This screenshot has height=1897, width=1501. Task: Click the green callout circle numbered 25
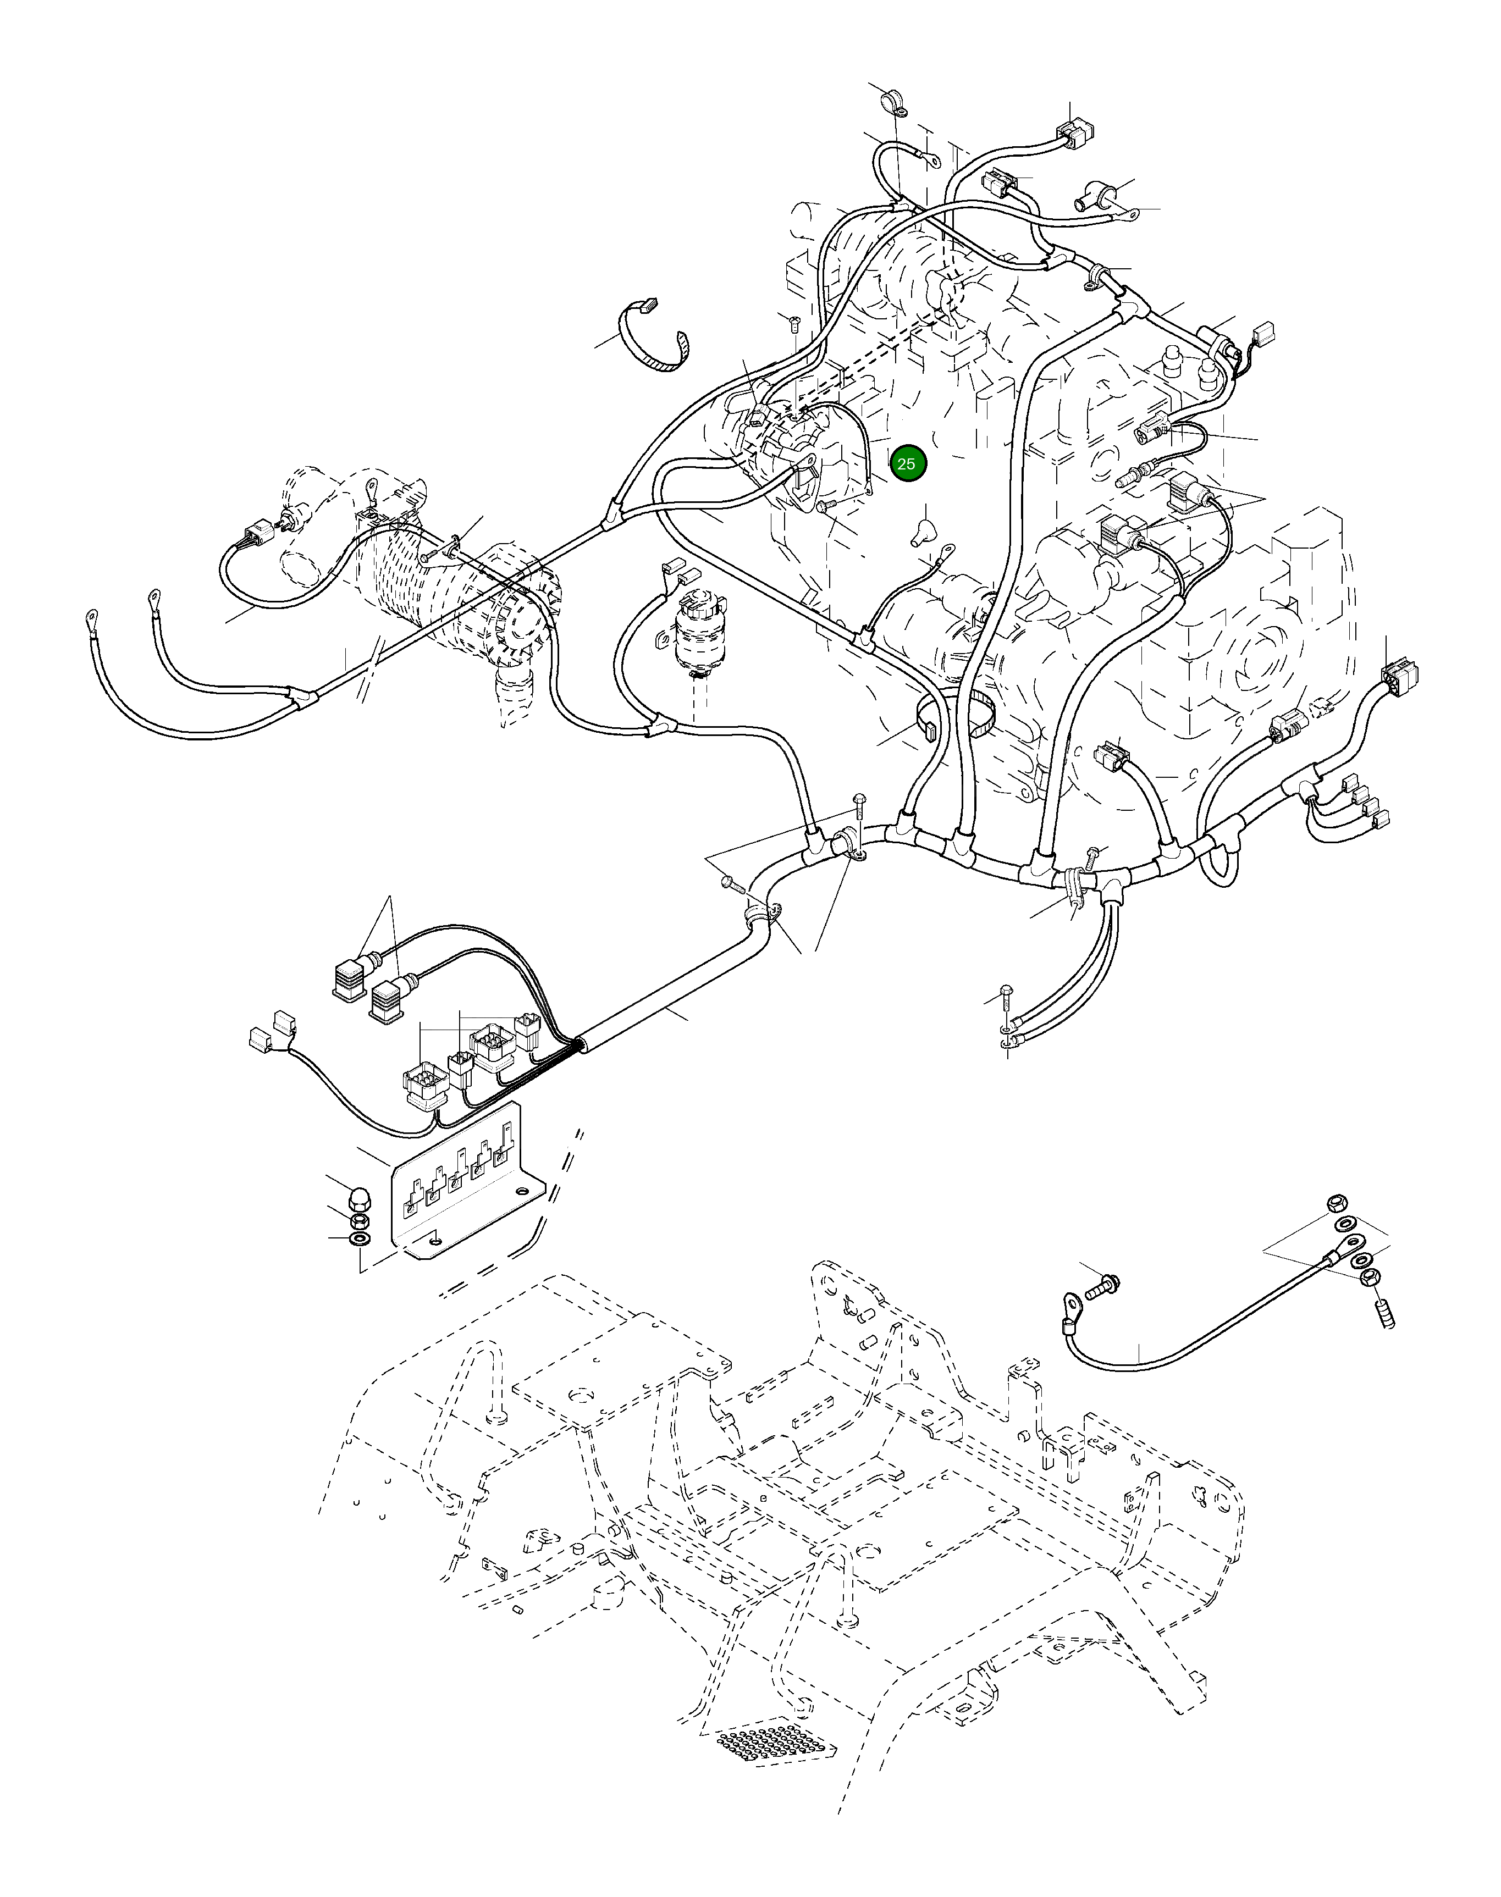click(908, 464)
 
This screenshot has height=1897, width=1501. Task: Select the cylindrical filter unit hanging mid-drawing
click(697, 633)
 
